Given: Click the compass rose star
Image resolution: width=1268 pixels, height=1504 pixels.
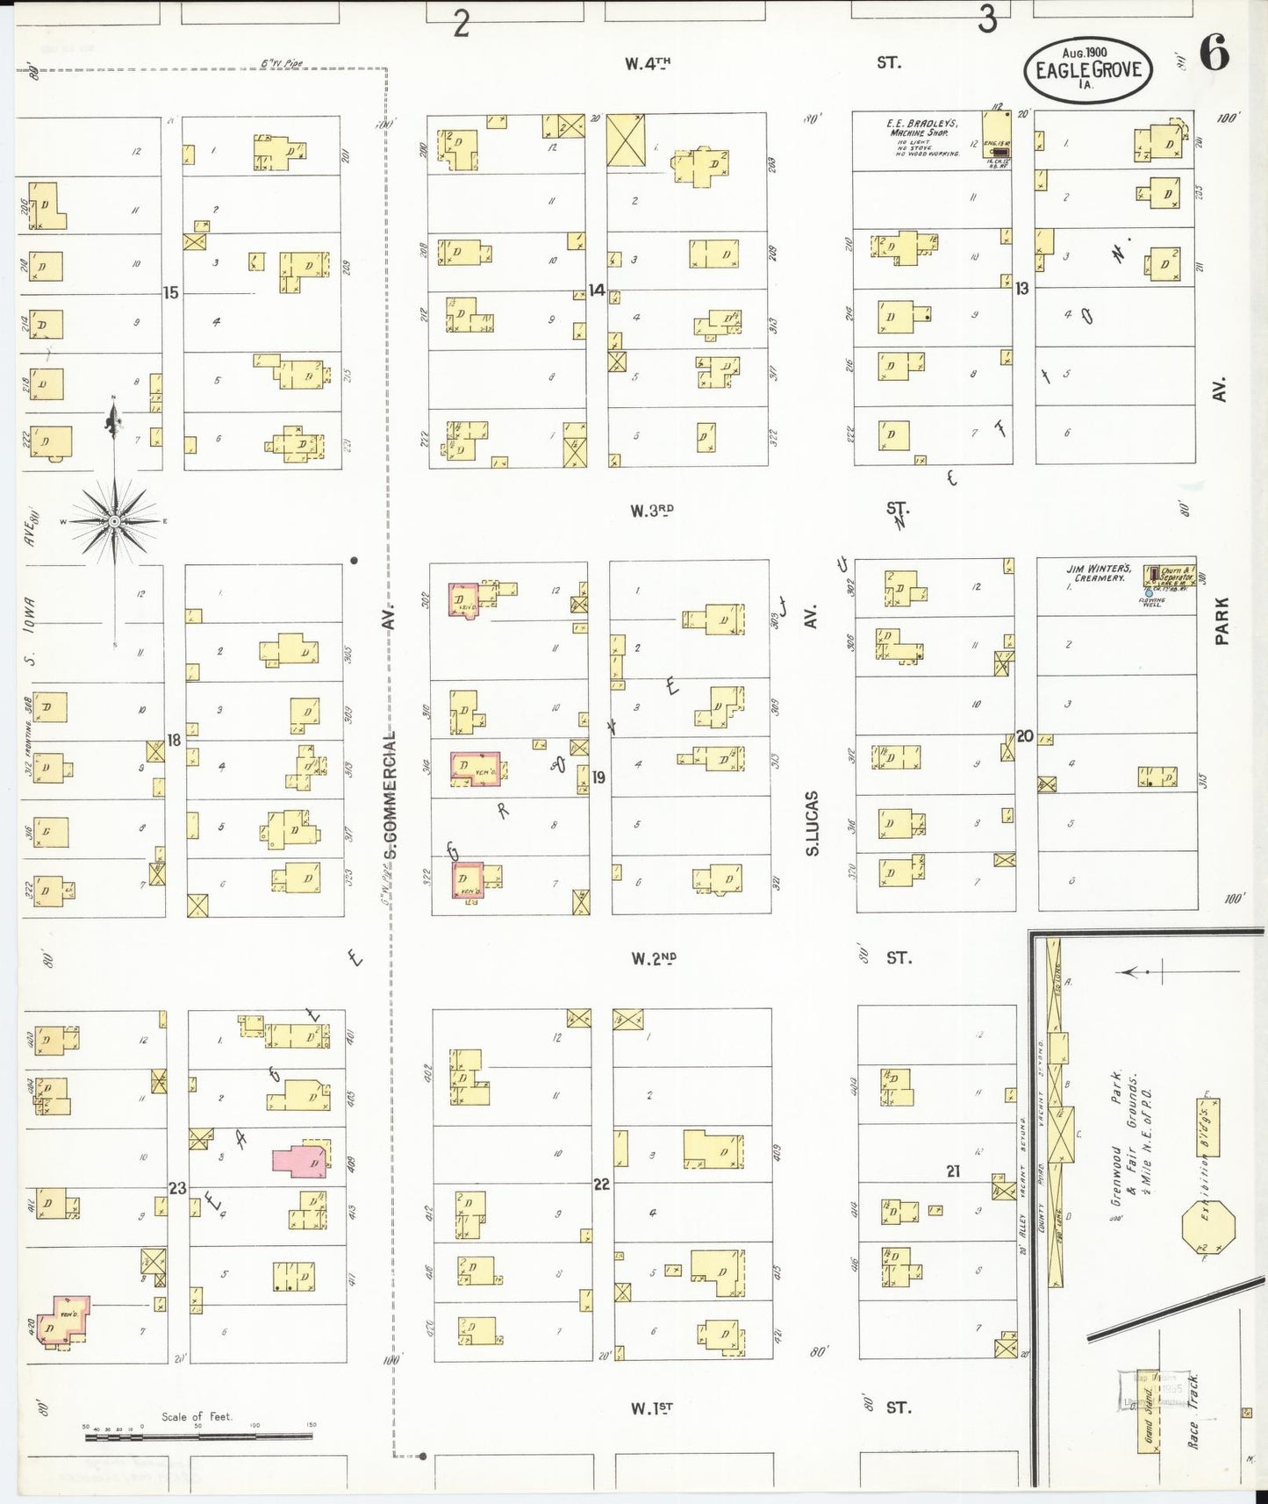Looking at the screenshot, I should click(x=114, y=521).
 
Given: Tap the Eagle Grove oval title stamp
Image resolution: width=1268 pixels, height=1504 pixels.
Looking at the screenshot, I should click(x=1089, y=69).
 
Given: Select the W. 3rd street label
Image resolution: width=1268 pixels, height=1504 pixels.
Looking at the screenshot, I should click(x=651, y=510).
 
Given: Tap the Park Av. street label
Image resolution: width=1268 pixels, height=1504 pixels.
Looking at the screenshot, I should click(x=1221, y=620).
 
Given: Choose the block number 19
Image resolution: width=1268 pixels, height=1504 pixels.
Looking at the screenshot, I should click(x=598, y=777).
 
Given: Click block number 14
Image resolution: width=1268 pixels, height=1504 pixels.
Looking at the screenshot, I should click(x=597, y=290).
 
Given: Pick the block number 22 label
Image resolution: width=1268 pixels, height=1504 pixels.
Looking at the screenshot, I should click(x=601, y=1184).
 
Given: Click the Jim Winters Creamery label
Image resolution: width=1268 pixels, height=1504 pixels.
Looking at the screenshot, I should click(x=1100, y=573).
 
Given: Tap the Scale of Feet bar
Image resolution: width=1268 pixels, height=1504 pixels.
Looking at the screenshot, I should click(x=197, y=1436).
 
